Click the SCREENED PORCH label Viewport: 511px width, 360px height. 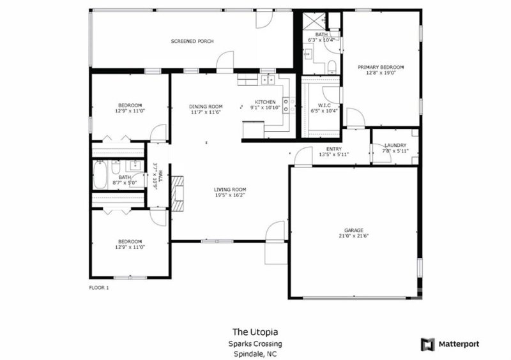(192, 41)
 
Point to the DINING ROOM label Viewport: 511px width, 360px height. (206, 106)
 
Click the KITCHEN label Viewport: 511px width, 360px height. (265, 102)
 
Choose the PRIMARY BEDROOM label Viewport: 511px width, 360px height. (381, 67)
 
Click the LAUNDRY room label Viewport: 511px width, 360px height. (395, 145)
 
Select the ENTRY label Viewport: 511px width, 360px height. (334, 148)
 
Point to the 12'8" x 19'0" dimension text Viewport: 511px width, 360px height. (381, 73)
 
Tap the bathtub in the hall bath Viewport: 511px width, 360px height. (100, 176)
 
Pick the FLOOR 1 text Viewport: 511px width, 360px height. (99, 288)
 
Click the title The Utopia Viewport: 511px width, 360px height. (255, 332)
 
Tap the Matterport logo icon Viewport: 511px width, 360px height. (427, 344)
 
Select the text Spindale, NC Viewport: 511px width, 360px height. (255, 354)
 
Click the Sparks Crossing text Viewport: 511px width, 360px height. (255, 343)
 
